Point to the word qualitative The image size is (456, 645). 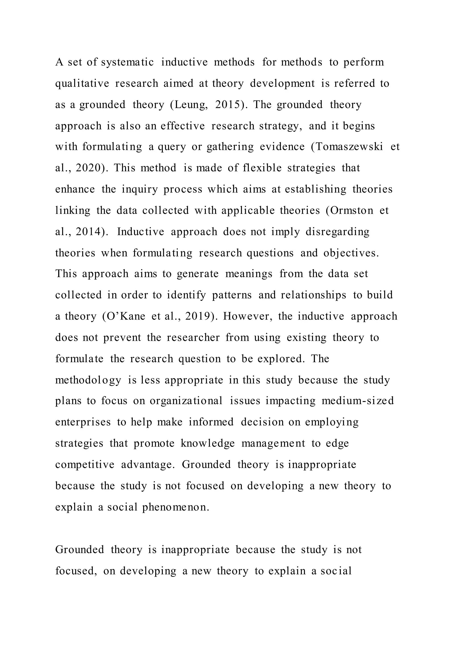point(82,84)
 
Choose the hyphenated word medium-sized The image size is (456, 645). point(358,401)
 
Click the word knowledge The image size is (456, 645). point(208,443)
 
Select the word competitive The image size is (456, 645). point(85,465)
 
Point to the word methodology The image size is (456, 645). point(88,380)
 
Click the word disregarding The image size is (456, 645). point(337,232)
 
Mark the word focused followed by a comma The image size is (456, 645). point(76,571)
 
